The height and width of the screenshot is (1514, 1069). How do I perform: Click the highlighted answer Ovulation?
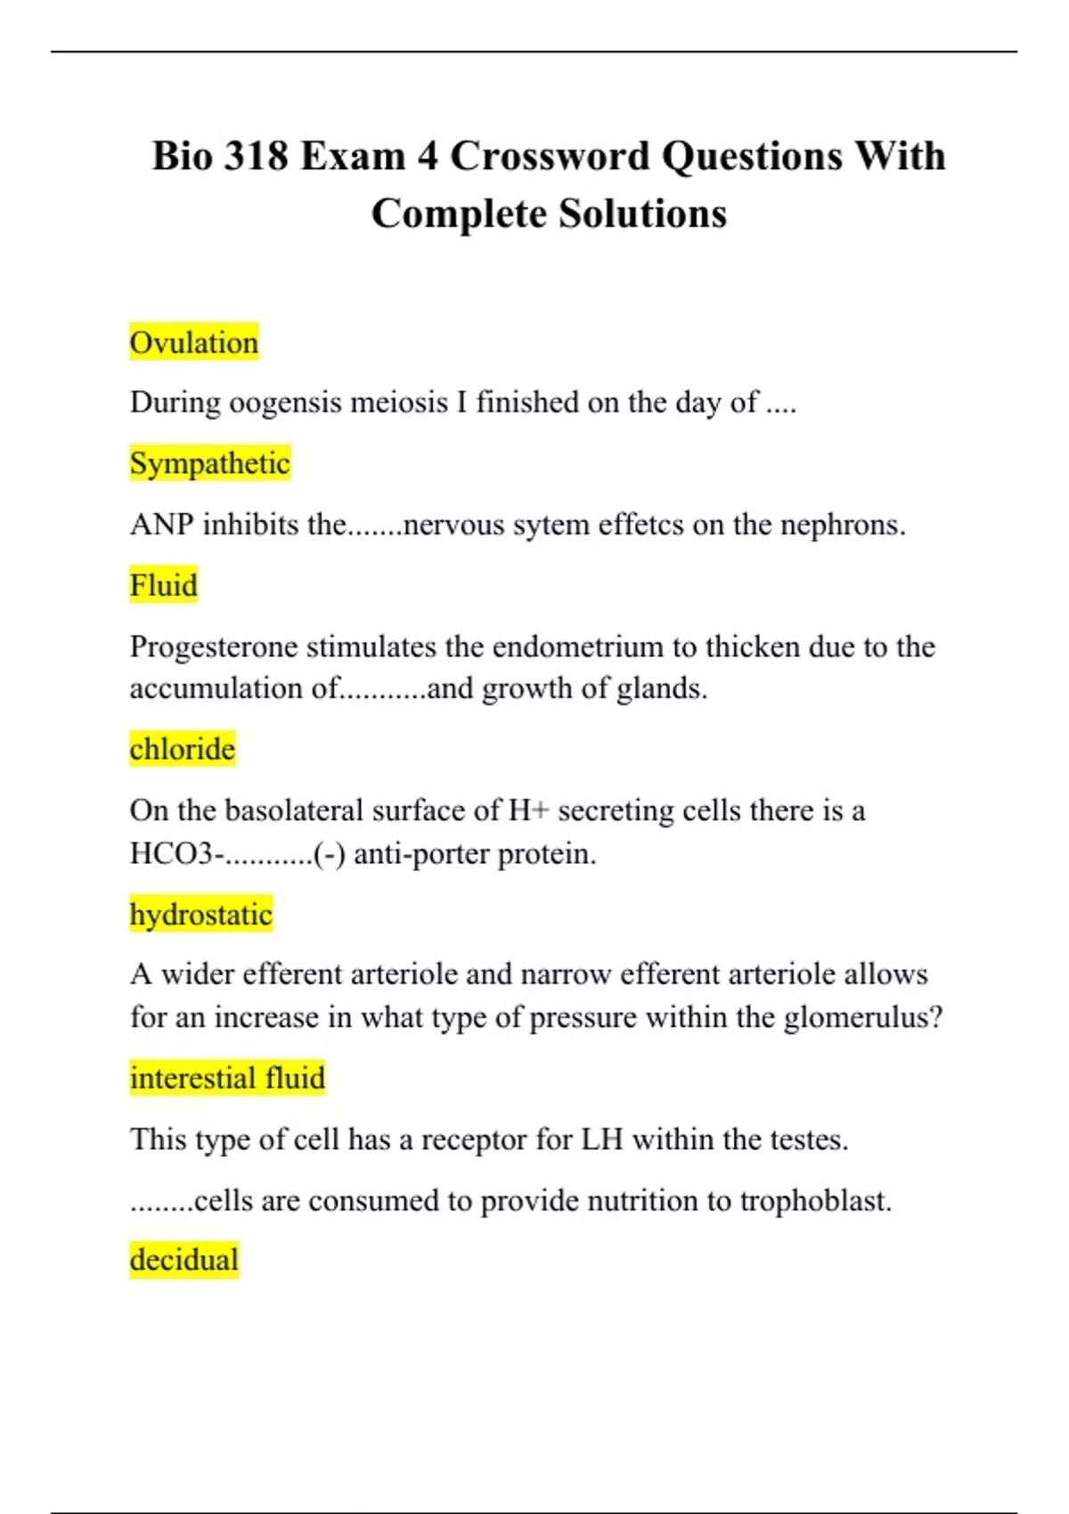pyautogui.click(x=193, y=343)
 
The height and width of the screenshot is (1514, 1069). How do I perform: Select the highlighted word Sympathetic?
pyautogui.click(x=209, y=464)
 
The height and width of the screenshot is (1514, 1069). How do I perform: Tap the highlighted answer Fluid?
pyautogui.click(x=163, y=586)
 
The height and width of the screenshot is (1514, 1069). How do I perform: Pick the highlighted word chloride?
pyautogui.click(x=182, y=749)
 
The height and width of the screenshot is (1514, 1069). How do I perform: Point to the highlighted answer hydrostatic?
pyautogui.click(x=200, y=915)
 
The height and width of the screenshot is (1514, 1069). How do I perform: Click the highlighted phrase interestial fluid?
pyautogui.click(x=227, y=1079)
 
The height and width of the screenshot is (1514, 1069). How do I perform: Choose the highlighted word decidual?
pyautogui.click(x=184, y=1260)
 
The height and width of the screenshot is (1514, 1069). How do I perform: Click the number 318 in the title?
pyautogui.click(x=257, y=157)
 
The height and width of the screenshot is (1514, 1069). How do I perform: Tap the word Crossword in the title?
pyautogui.click(x=550, y=157)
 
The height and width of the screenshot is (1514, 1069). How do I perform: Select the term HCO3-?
pyautogui.click(x=176, y=854)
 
